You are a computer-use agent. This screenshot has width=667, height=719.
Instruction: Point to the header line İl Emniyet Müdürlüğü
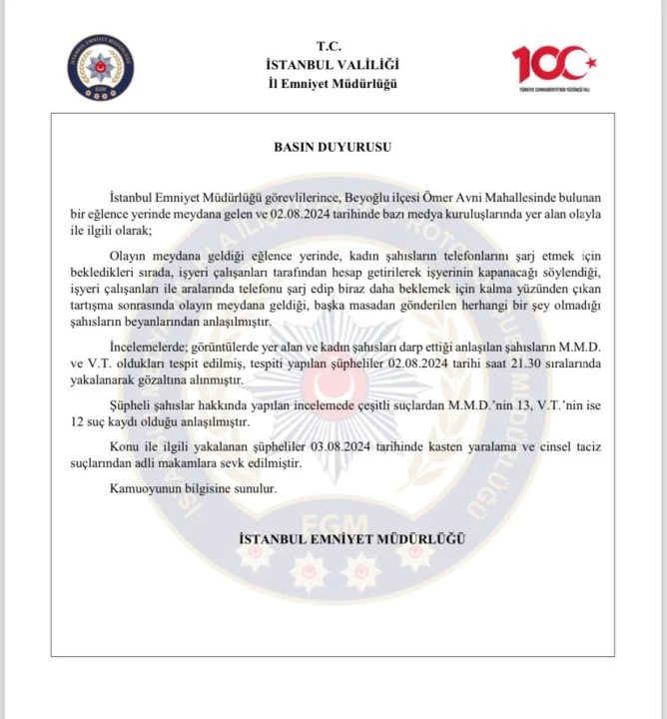click(333, 83)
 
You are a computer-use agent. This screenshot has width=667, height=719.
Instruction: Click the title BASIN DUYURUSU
click(333, 146)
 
